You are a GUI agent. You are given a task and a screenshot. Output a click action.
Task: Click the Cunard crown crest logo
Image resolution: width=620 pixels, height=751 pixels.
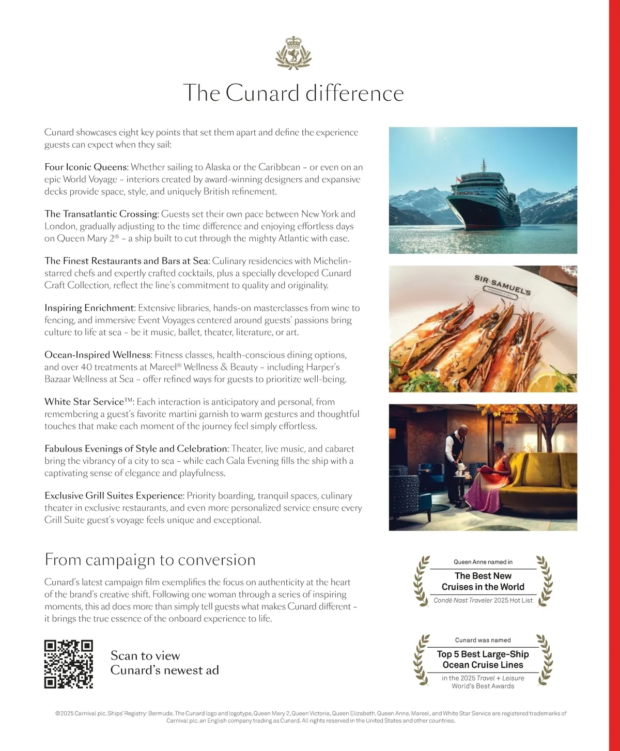293,53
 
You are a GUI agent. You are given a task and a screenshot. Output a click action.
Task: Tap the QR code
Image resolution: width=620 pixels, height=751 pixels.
69,664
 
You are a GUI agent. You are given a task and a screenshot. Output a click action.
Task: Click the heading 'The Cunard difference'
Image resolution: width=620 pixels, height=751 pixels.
293,93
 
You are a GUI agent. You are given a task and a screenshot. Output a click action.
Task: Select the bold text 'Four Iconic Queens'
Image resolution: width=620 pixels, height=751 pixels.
86,167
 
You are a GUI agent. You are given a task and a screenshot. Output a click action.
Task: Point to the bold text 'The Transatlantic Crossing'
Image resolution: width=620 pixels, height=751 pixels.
101,214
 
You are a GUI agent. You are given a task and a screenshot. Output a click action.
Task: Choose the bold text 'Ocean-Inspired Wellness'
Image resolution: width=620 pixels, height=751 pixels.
98,355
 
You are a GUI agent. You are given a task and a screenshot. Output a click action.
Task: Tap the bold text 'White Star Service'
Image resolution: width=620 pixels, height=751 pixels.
84,402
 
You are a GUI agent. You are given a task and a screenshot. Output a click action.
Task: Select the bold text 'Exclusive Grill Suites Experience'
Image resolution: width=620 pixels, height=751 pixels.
114,496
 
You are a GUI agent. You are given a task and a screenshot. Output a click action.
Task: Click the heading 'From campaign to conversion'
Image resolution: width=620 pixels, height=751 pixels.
150,560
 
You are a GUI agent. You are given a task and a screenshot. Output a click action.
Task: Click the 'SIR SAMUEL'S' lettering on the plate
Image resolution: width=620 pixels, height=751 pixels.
502,285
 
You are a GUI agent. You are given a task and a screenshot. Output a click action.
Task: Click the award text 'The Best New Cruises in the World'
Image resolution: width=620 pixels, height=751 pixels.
483,582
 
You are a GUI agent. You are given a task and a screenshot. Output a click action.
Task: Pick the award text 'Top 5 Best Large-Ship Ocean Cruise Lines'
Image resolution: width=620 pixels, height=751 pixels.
483,660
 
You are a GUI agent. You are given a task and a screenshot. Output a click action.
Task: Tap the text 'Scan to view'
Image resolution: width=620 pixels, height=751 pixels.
145,656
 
